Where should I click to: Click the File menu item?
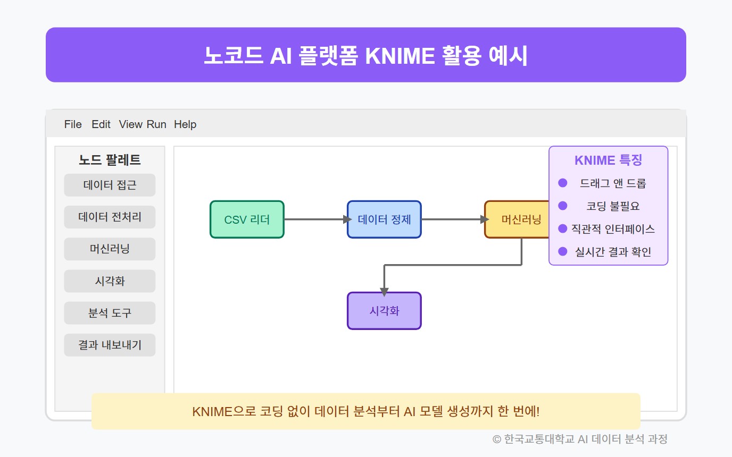pyautogui.click(x=73, y=124)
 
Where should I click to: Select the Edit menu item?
pyautogui.click(x=101, y=124)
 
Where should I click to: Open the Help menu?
pyautogui.click(x=185, y=124)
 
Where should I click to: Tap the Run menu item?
pyautogui.click(x=156, y=124)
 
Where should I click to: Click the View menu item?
pyautogui.click(x=131, y=124)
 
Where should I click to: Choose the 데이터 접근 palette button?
pyautogui.click(x=110, y=185)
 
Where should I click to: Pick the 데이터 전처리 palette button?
pyautogui.click(x=110, y=217)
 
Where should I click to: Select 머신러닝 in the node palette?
pyautogui.click(x=110, y=249)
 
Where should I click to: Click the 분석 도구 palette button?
pyautogui.click(x=110, y=313)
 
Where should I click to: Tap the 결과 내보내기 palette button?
pyautogui.click(x=110, y=345)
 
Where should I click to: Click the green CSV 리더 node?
pyautogui.click(x=247, y=219)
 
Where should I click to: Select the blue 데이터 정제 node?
pyautogui.click(x=384, y=219)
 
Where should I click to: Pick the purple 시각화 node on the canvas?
pyautogui.click(x=384, y=311)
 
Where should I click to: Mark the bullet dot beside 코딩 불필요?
pyautogui.click(x=562, y=206)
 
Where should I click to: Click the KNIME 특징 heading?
pyautogui.click(x=608, y=160)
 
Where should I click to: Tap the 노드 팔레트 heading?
pyautogui.click(x=110, y=159)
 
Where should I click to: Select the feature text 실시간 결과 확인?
pyautogui.click(x=613, y=252)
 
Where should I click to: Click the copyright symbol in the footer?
pyautogui.click(x=497, y=439)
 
